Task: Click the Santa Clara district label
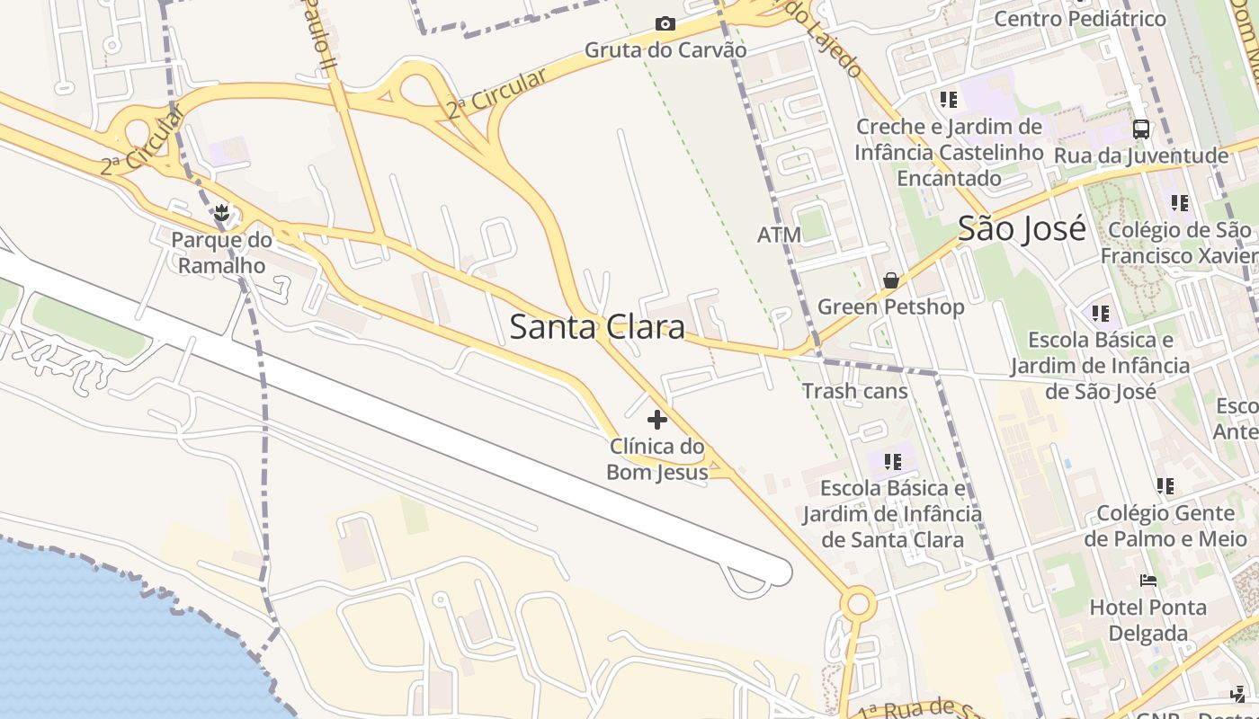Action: [597, 326]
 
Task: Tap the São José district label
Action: [1022, 228]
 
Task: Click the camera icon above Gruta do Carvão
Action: [665, 23]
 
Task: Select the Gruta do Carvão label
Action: [665, 49]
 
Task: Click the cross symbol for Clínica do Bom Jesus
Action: [657, 420]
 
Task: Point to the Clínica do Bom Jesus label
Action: [657, 459]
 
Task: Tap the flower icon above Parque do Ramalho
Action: [221, 213]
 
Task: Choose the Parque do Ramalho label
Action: [221, 253]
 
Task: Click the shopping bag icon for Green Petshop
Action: [890, 281]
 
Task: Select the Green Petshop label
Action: [890, 306]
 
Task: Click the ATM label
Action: [779, 235]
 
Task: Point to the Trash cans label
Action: [854, 391]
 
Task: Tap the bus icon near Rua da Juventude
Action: [1141, 129]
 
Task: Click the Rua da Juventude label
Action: [1141, 155]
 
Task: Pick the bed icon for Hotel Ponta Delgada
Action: [1147, 581]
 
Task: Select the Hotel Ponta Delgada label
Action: [1147, 620]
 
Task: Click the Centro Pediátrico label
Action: [1080, 18]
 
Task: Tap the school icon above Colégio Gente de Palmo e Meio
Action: [1165, 486]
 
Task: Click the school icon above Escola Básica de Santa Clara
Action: [892, 462]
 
